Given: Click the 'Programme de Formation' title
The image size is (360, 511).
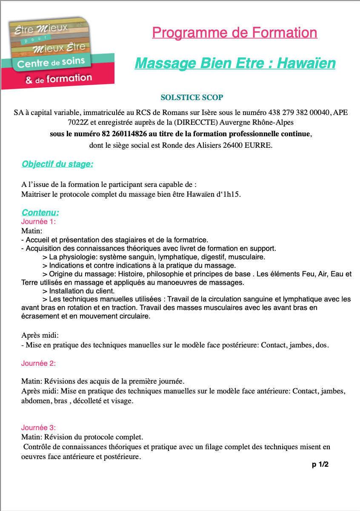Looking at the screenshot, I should coord(234,32).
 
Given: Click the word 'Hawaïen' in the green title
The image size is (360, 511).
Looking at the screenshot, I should coord(306,63).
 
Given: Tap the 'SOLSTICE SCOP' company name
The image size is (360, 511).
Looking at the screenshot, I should coord(192,98).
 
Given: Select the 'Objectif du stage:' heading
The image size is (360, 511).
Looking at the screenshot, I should coord(57,164).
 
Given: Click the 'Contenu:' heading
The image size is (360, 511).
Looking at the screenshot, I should coord(40,212).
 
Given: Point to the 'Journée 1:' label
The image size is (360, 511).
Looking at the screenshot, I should coord(39,221).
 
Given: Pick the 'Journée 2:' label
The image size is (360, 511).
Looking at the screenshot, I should coord(39,363).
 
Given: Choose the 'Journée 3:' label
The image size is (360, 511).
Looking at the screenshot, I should coord(39,428).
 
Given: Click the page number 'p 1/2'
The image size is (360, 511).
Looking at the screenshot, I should coord(320,465).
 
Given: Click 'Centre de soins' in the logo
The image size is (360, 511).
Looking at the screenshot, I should coord(51,63).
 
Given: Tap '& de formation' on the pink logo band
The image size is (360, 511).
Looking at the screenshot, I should coord(58,79).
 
